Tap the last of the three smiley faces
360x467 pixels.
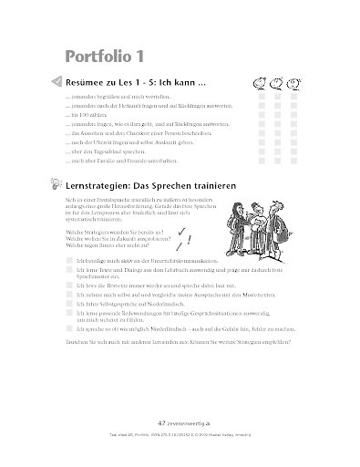[x=294, y=82]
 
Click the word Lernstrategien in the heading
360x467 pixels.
[x=104, y=186]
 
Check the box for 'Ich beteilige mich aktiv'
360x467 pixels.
[x=69, y=260]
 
